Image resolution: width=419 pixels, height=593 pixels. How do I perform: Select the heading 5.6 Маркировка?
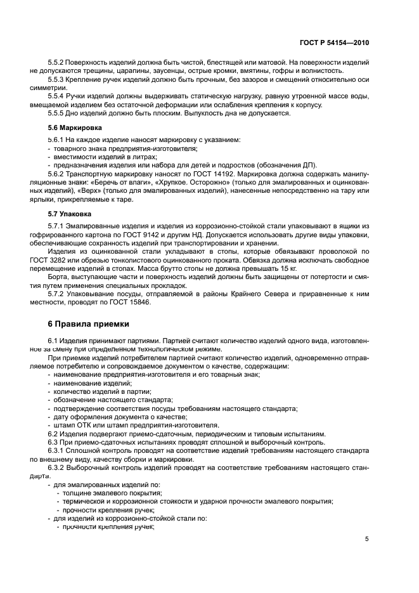click(x=69, y=127)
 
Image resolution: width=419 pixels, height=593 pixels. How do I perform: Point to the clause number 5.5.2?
click(x=56, y=63)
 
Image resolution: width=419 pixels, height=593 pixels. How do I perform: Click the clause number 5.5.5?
click(x=56, y=113)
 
